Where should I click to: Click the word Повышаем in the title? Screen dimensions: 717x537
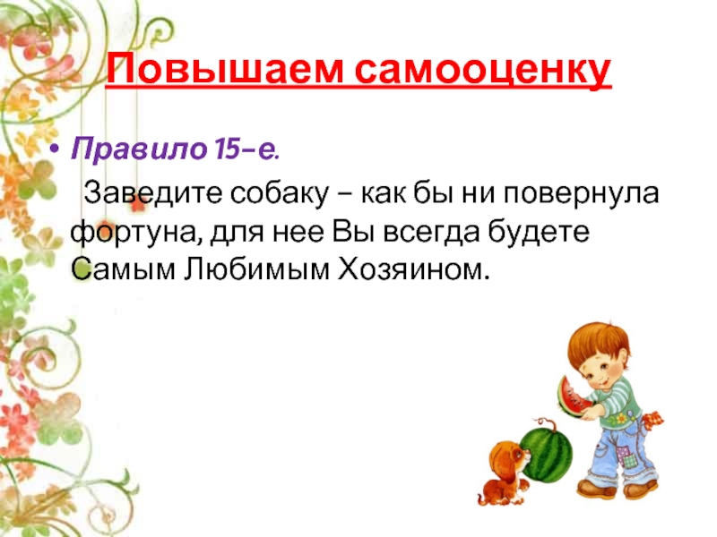tap(225, 70)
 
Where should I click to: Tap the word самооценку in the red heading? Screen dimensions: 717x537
tap(483, 72)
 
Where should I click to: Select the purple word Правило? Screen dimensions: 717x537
tap(139, 149)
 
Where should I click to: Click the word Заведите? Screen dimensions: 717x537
tap(152, 193)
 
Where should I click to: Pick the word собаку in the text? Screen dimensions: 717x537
tap(280, 193)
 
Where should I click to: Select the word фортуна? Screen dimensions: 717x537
tap(136, 233)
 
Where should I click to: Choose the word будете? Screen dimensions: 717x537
tap(539, 232)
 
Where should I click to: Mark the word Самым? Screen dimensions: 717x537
tap(123, 269)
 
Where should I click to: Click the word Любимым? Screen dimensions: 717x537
tap(256, 269)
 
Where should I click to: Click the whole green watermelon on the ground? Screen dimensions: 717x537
tap(547, 455)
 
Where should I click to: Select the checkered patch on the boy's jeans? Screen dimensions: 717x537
tap(625, 456)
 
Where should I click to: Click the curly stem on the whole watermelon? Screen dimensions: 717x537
tap(547, 423)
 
